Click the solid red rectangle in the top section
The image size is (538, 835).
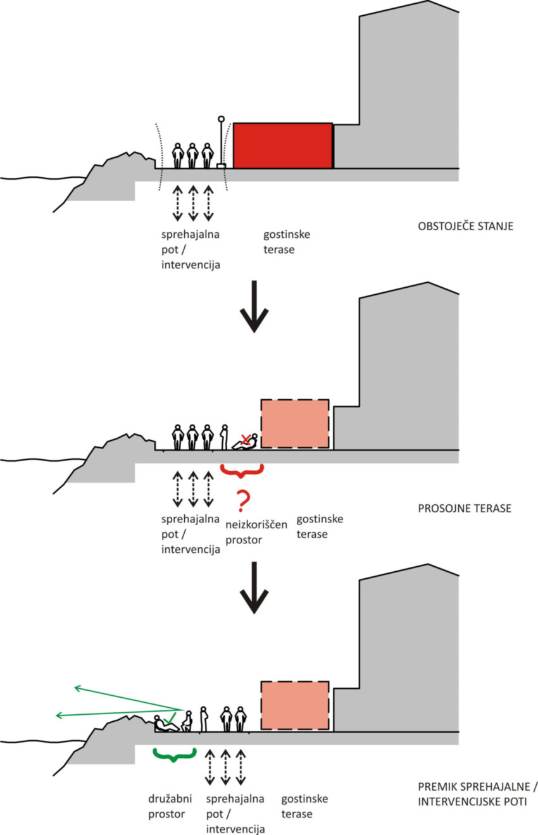[x=283, y=145]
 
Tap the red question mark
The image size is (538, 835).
[x=241, y=500]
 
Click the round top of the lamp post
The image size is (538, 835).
[x=222, y=118]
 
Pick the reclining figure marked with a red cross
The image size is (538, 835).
[x=246, y=442]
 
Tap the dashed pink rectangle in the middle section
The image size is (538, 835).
[x=295, y=423]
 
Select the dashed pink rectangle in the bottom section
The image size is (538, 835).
[x=295, y=705]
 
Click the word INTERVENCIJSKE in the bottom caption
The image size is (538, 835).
[x=464, y=801]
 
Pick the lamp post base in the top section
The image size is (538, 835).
[x=221, y=166]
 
